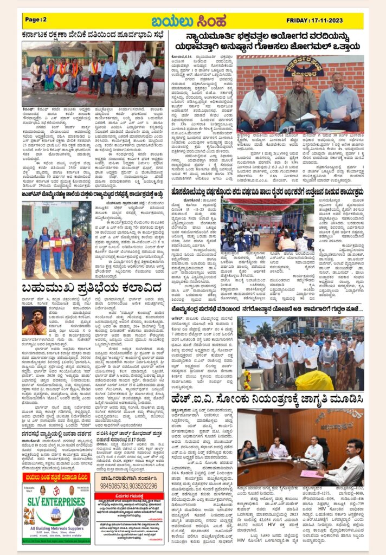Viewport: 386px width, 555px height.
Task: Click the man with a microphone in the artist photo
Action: coord(34,321)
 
